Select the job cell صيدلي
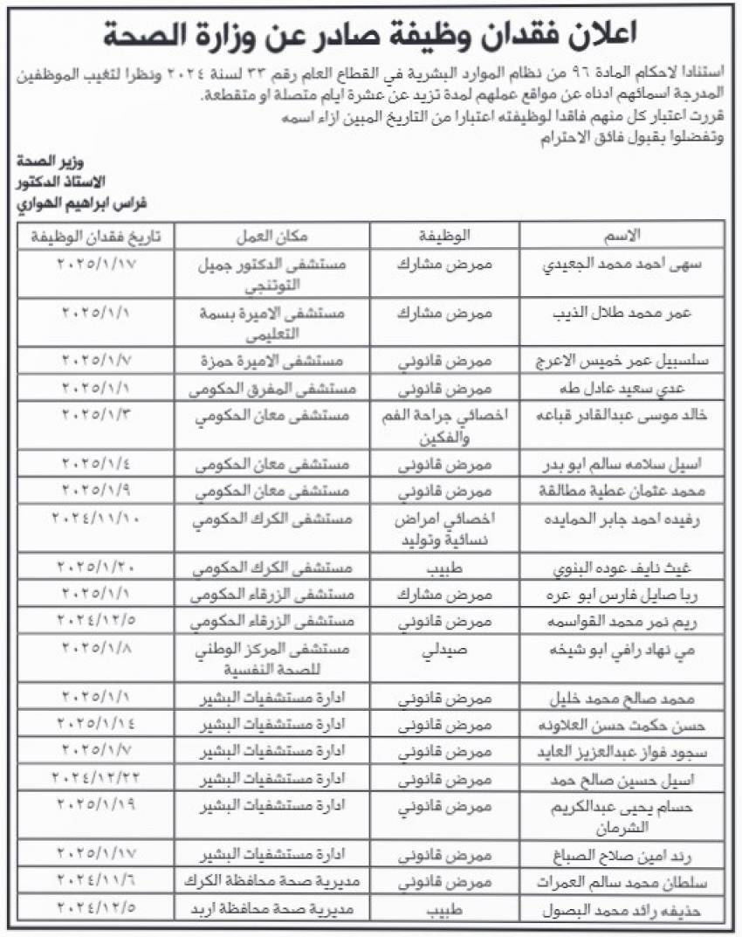pyautogui.click(x=445, y=652)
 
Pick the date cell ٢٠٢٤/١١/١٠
pyautogui.click(x=97, y=519)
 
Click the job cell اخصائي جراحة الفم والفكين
pyautogui.click(x=445, y=424)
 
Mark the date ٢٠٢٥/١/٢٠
pyautogui.click(x=97, y=568)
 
